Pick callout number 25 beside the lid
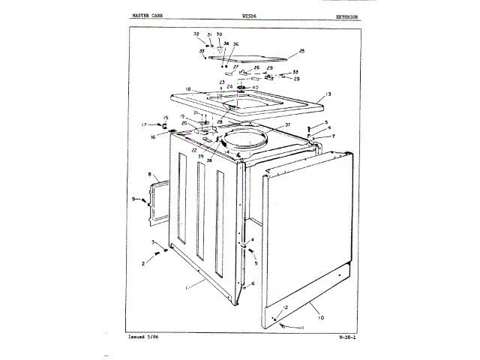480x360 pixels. [301, 51]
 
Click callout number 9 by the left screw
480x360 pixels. [134, 199]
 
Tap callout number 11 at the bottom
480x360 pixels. [302, 328]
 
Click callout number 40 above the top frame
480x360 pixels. [256, 87]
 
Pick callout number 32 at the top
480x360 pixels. [196, 34]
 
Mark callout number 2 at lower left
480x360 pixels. [143, 264]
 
